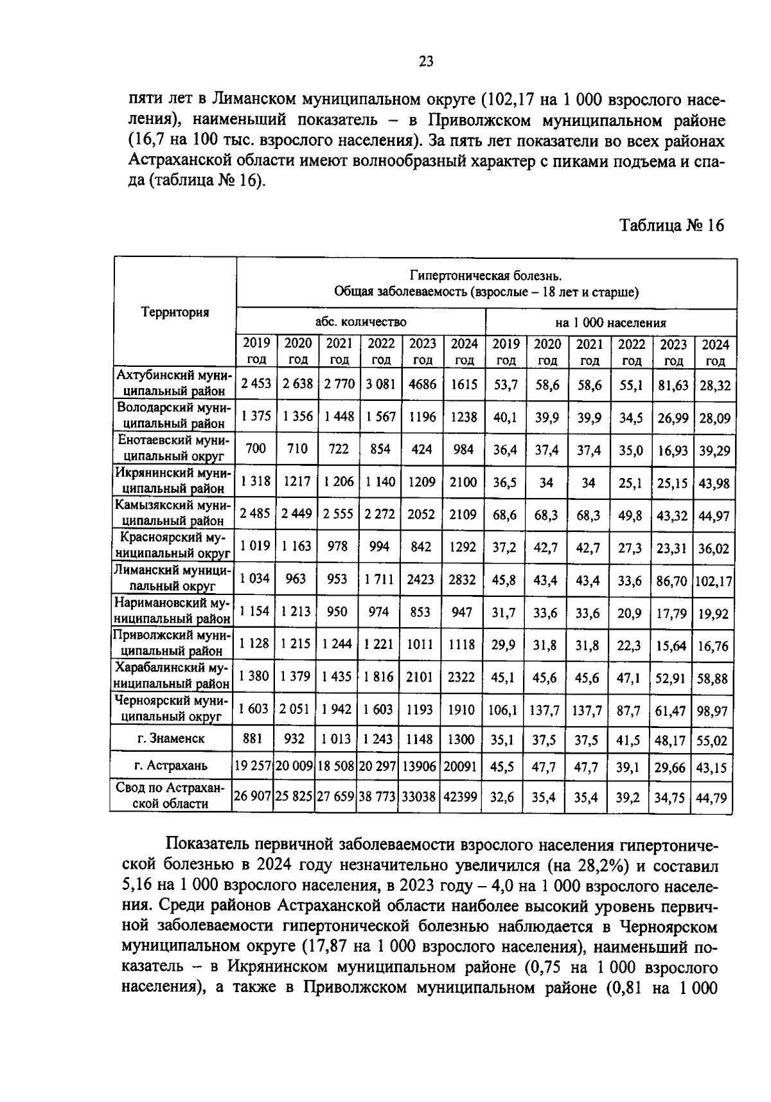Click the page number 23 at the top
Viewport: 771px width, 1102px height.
point(426,62)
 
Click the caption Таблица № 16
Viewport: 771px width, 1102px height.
point(671,225)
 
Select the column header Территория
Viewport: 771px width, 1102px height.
point(175,312)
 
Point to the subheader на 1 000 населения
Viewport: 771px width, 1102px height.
point(610,323)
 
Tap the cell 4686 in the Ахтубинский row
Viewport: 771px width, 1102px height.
point(422,384)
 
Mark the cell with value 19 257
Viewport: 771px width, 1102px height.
point(253,765)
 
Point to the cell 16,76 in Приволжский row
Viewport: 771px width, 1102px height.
point(713,646)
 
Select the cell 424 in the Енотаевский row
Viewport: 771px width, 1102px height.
point(421,449)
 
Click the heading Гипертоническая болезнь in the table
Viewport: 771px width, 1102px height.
point(486,276)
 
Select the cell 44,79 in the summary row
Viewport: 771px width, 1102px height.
point(712,798)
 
